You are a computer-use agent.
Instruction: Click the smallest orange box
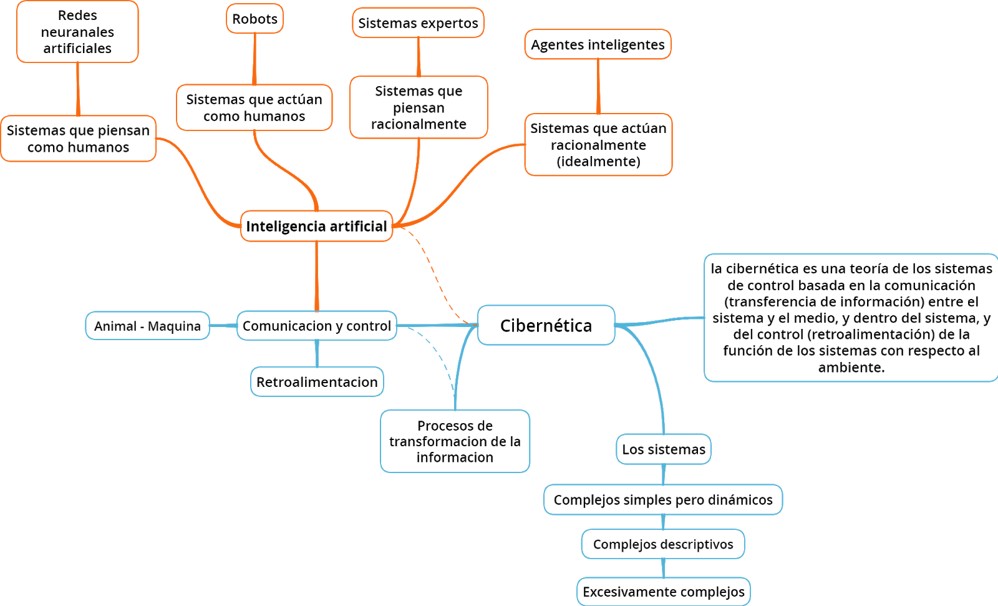tap(254, 18)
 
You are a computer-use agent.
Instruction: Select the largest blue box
tap(851, 317)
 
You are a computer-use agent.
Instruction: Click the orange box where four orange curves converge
tap(316, 226)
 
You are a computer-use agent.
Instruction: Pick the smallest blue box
tap(663, 449)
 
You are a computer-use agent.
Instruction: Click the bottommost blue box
tap(663, 591)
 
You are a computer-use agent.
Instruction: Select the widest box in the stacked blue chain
tap(663, 499)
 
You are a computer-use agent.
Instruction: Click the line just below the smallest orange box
tap(254, 59)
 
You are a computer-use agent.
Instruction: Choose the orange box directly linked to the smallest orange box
tap(254, 107)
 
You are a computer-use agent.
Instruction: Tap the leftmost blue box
tap(147, 325)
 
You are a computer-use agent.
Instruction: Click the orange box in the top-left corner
tap(77, 31)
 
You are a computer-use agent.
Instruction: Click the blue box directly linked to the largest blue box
tap(546, 325)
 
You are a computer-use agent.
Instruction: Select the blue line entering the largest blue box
tap(661, 321)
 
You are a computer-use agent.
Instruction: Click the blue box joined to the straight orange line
tap(316, 325)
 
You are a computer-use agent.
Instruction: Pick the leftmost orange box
tap(78, 139)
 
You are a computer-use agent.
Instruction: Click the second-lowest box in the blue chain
tap(662, 544)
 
